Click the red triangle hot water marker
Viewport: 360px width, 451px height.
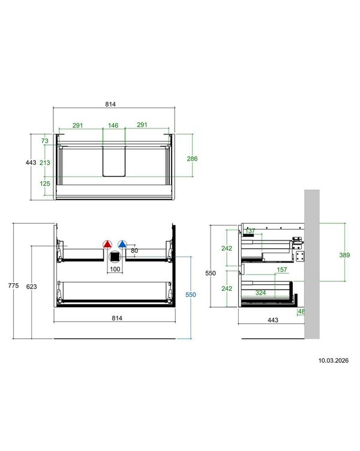[107, 245]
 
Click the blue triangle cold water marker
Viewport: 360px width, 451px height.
[122, 245]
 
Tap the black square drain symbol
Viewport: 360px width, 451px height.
[115, 257]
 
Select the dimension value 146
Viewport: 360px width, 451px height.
[113, 125]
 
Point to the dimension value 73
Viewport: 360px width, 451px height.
[45, 141]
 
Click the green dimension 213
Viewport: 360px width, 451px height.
[45, 163]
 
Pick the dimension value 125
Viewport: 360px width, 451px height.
[45, 184]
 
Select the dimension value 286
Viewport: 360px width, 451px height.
[192, 158]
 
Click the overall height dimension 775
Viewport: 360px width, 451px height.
[13, 285]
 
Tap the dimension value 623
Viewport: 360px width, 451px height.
[31, 287]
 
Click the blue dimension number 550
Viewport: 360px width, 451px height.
[191, 294]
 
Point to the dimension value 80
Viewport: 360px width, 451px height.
[134, 251]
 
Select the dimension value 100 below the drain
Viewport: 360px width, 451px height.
[115, 269]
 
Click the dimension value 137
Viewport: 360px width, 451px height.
[250, 231]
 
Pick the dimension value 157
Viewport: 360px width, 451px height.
[282, 269]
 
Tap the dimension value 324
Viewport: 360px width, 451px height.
[260, 293]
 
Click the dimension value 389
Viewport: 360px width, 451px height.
[344, 255]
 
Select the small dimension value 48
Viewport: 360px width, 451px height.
[301, 311]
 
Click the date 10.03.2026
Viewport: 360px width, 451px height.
[333, 360]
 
